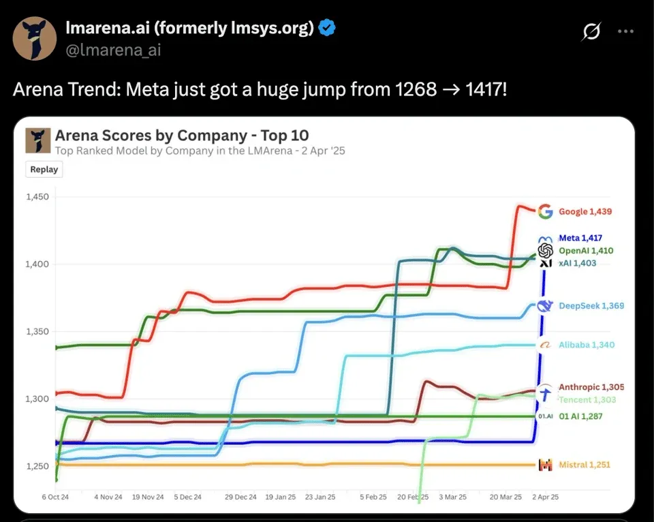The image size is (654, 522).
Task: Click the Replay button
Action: (44, 170)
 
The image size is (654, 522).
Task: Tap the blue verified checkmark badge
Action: (328, 28)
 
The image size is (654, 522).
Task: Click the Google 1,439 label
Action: (585, 211)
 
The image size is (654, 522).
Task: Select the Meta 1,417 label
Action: (580, 238)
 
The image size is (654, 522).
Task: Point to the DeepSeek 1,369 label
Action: (591, 306)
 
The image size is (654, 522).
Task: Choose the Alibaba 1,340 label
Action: (586, 345)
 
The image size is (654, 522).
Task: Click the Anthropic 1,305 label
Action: (591, 387)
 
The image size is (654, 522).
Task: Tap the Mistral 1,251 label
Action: (584, 465)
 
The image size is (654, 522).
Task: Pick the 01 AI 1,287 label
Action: (581, 416)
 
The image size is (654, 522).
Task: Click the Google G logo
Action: (544, 211)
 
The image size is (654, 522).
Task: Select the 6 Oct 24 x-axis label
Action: (55, 497)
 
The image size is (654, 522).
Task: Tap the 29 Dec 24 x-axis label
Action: (241, 497)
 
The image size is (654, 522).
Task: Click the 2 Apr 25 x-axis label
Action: (544, 497)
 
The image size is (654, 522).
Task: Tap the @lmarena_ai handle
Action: (113, 50)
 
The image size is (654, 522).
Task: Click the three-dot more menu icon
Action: (625, 31)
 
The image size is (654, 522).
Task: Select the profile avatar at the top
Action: (35, 39)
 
